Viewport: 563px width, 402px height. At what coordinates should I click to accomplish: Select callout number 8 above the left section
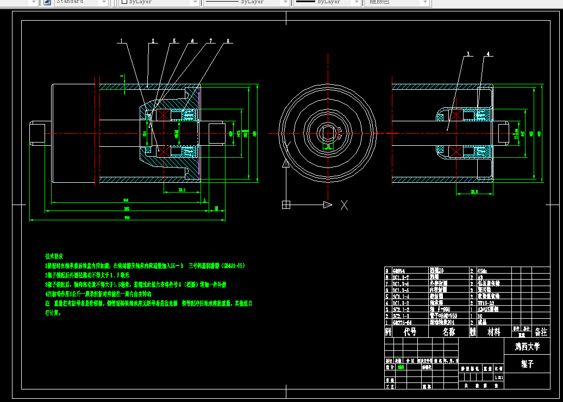tap(228, 41)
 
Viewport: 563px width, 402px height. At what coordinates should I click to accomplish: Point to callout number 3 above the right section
tap(468, 54)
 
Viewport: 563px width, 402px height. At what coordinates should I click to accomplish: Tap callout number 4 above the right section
tap(488, 54)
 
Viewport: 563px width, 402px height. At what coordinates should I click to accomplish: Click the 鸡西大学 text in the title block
tap(527, 346)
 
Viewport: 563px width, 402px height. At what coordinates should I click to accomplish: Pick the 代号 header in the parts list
tap(410, 332)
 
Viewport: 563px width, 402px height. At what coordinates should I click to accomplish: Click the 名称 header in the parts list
tap(449, 332)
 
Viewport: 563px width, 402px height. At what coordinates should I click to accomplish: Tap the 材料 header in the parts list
tap(493, 332)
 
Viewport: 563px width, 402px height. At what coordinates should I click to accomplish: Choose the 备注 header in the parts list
tap(541, 332)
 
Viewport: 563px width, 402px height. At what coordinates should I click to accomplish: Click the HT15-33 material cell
tap(485, 303)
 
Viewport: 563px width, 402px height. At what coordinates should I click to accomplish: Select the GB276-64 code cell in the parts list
tap(402, 322)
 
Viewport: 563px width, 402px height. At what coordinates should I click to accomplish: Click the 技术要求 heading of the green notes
tap(54, 256)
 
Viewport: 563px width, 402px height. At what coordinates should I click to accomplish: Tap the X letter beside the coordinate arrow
tap(344, 205)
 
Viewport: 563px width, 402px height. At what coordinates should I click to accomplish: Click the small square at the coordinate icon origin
tap(286, 205)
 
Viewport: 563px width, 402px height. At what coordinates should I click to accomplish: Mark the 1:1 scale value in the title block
tap(499, 377)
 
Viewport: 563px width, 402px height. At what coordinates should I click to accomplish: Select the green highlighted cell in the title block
tap(401, 367)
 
